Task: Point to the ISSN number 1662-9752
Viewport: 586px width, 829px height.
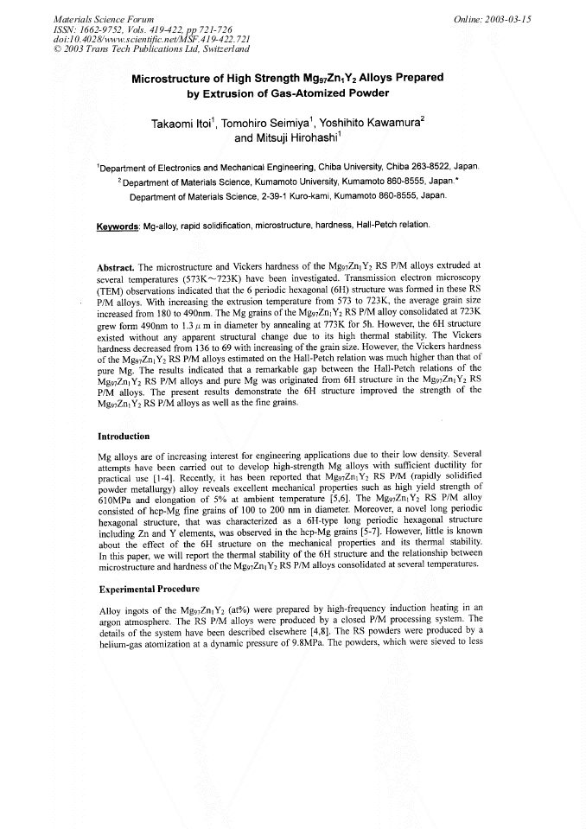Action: tap(106, 29)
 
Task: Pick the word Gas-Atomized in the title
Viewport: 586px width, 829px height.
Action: tap(307, 93)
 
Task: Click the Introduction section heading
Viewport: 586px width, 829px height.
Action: tap(124, 436)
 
